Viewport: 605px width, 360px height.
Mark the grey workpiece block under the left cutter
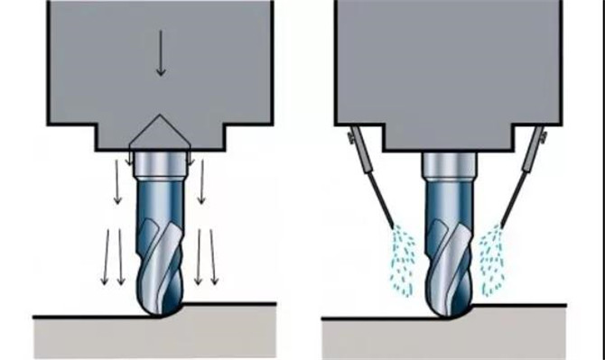pyautogui.click(x=154, y=338)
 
